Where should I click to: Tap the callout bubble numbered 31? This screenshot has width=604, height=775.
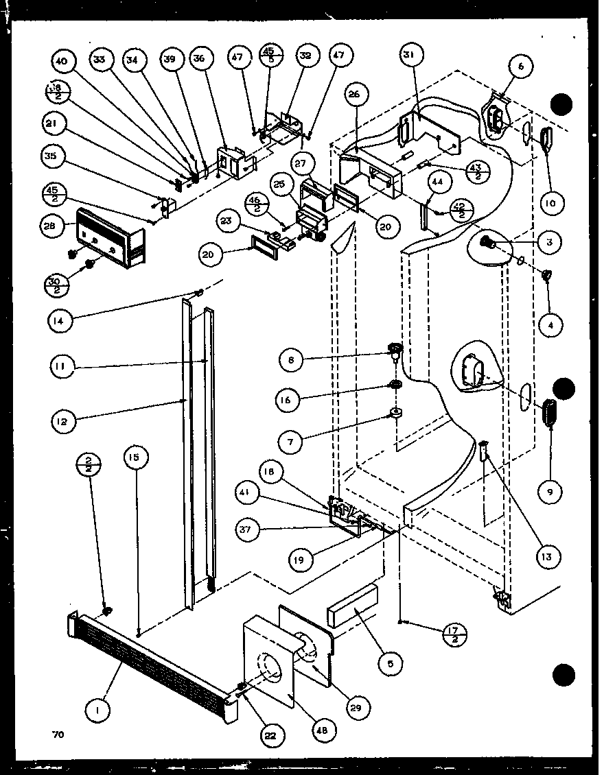(412, 55)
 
